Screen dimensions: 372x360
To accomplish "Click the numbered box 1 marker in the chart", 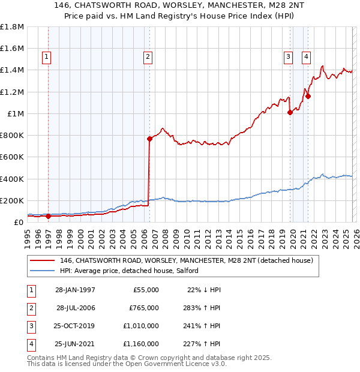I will (x=46, y=57).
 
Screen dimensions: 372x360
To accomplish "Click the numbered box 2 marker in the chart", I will (x=147, y=57).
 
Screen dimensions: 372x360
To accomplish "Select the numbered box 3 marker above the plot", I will (x=288, y=57).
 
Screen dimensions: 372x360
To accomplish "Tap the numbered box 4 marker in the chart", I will (x=306, y=57).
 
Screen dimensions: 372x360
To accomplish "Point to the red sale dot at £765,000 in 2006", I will (x=149, y=139).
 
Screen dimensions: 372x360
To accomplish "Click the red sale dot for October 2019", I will (x=290, y=112).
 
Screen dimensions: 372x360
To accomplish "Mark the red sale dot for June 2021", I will (x=308, y=96).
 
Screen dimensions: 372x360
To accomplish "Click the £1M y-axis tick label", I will (x=14, y=113).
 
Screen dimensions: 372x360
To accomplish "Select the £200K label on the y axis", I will (x=12, y=200).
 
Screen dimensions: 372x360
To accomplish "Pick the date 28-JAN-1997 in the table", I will (x=75, y=290).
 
